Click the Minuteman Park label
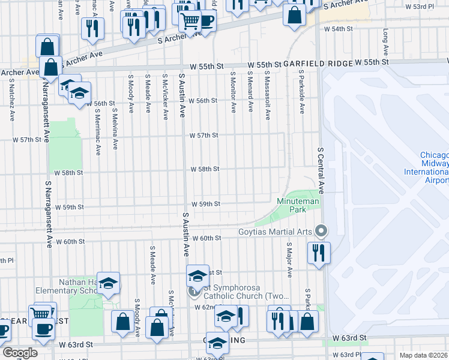click(x=298, y=206)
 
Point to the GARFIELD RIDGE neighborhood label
click(x=318, y=63)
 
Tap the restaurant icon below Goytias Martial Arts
click(x=319, y=252)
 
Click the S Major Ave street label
click(x=289, y=260)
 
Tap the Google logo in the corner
click(x=20, y=353)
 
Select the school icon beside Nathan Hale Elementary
click(x=109, y=283)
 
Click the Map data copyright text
click(x=423, y=355)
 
